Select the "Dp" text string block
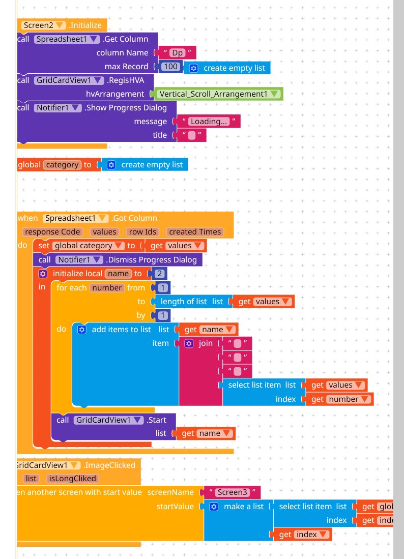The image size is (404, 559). [177, 52]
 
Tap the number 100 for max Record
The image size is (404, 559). [171, 67]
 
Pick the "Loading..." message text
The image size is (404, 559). [209, 121]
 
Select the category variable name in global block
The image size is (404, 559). [62, 164]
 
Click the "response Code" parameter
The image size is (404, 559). [52, 231]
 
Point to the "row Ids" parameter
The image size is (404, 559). [142, 231]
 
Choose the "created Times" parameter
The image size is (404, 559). [195, 231]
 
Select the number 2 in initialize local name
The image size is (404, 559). [159, 274]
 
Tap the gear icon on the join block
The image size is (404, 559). [189, 343]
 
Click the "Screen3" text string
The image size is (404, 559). [232, 492]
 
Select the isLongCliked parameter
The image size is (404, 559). [72, 478]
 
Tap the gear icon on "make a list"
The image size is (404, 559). [214, 507]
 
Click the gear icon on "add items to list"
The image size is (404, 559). [81, 329]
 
